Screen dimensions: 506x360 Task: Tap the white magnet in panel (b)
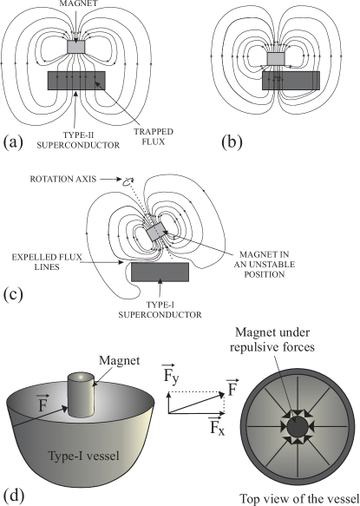coord(276,59)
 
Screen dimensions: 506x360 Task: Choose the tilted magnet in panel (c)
coord(157,233)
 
